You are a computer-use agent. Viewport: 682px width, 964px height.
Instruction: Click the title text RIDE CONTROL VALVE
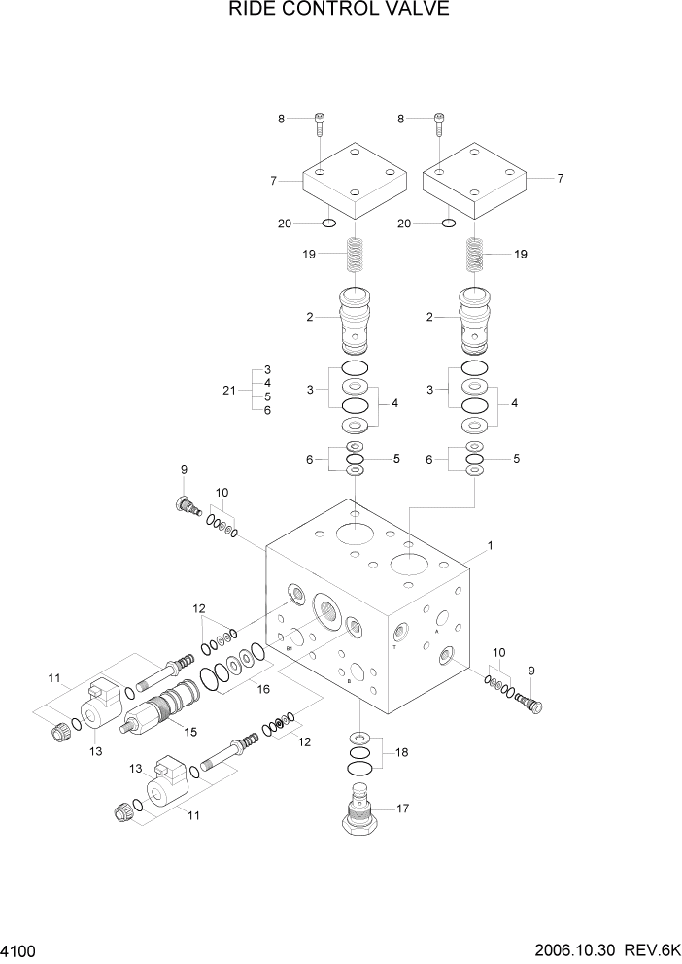point(339,12)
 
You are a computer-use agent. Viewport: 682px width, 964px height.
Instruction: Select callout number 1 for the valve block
point(491,546)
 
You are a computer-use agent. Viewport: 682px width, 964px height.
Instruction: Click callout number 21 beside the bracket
point(229,390)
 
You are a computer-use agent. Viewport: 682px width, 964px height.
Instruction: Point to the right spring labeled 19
point(475,258)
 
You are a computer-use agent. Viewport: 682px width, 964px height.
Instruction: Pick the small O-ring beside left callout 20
point(329,224)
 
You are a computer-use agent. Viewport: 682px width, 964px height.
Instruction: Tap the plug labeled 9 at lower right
point(529,699)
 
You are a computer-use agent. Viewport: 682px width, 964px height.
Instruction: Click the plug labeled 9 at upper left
point(186,505)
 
